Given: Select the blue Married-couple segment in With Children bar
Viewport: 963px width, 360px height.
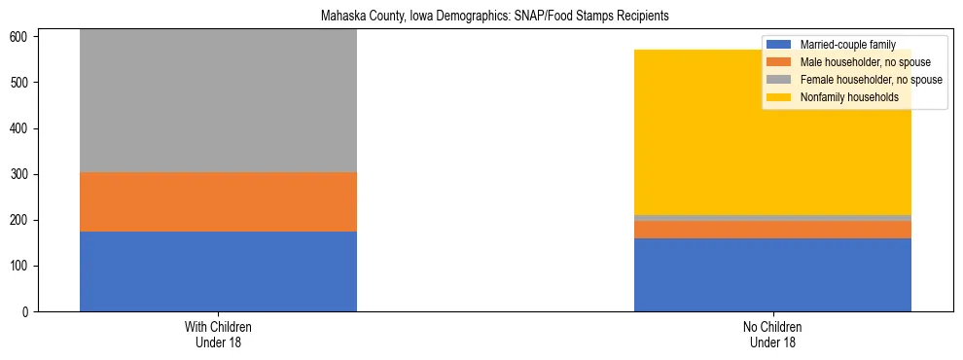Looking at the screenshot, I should (x=218, y=270).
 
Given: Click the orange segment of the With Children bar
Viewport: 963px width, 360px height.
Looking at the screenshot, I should (x=218, y=201).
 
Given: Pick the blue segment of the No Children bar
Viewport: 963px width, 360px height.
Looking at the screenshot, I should (x=772, y=274).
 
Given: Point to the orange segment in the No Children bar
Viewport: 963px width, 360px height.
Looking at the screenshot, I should (x=772, y=230).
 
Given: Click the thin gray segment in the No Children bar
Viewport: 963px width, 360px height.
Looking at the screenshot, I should (x=772, y=218).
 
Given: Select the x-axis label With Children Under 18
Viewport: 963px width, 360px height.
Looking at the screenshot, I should (x=218, y=335).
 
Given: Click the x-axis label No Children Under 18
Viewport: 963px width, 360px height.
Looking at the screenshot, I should (x=772, y=335).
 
